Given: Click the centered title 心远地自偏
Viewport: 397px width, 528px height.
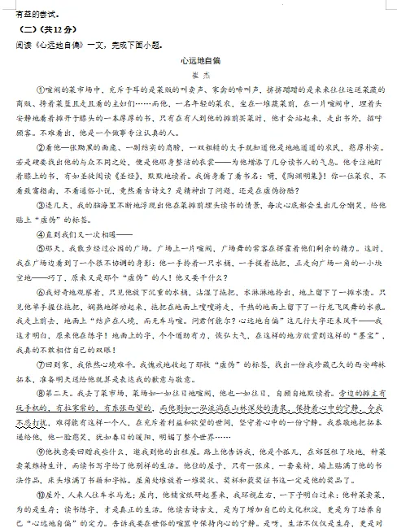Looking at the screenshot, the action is (199, 60).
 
